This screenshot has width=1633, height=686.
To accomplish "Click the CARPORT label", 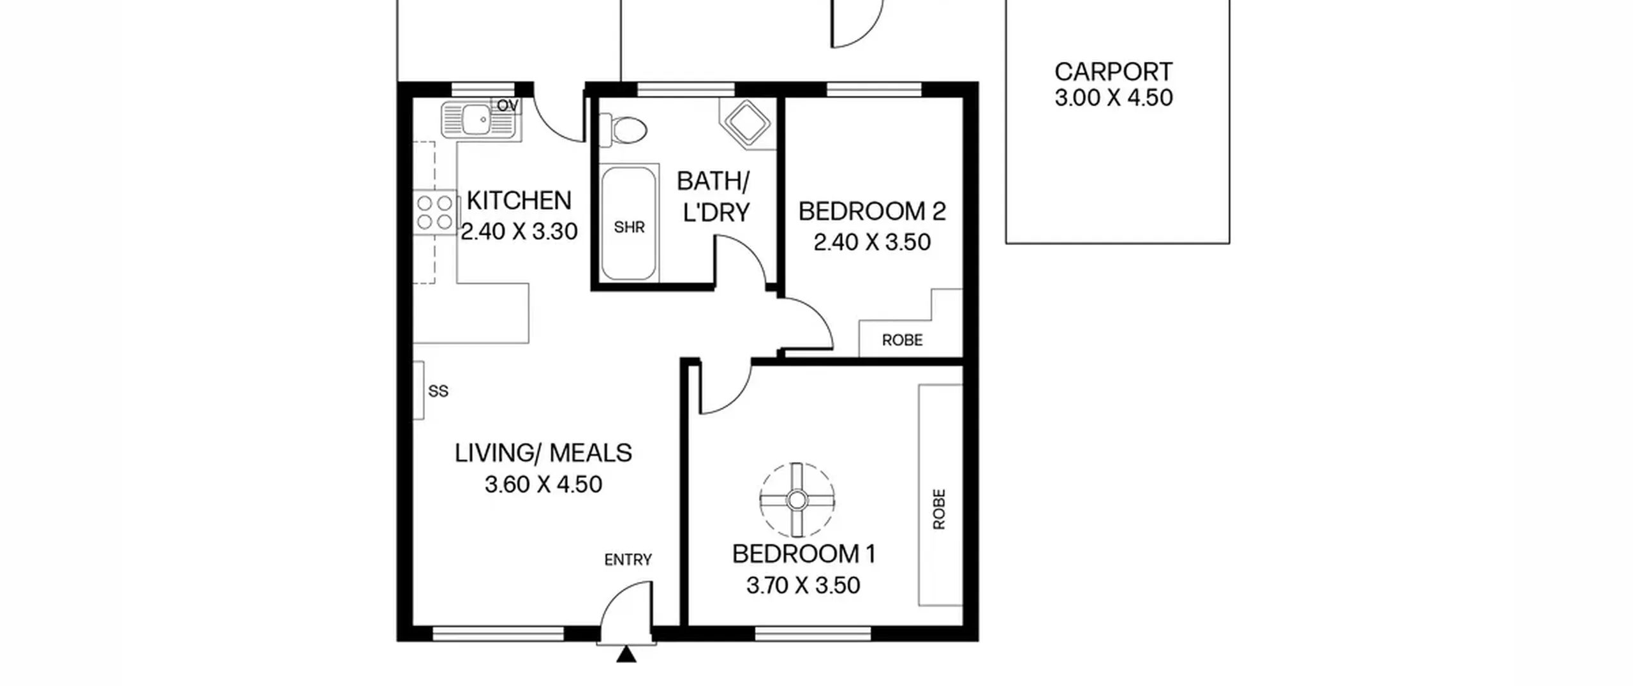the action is (x=1113, y=71).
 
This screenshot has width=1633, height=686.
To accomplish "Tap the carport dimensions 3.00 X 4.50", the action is (x=1113, y=98).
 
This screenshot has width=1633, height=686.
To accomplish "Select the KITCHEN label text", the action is (x=519, y=200).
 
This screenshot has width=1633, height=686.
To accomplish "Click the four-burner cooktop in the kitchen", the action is (x=436, y=213).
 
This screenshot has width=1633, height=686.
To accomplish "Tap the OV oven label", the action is (x=508, y=106).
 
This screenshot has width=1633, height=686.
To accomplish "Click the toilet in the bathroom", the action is (x=623, y=130).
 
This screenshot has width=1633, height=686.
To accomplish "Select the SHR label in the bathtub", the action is (x=629, y=227).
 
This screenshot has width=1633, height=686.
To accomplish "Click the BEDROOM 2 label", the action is (x=872, y=211).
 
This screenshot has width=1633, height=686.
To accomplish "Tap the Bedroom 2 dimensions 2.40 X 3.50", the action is (x=872, y=242).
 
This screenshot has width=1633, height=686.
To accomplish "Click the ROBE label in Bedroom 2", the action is (x=902, y=340).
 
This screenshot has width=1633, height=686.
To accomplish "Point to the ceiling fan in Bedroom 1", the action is (x=797, y=500).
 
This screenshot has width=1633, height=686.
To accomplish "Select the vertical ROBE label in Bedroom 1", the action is (x=939, y=509).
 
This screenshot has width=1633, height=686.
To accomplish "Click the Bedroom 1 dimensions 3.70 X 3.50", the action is (x=803, y=585).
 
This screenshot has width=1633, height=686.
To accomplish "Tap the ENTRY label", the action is (x=628, y=560).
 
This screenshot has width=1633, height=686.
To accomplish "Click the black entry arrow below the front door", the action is (x=626, y=654).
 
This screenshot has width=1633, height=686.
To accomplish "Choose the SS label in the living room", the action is (x=438, y=391).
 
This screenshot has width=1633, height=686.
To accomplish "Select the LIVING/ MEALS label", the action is (x=543, y=453).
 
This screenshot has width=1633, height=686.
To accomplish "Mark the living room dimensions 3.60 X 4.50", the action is (x=543, y=484).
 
